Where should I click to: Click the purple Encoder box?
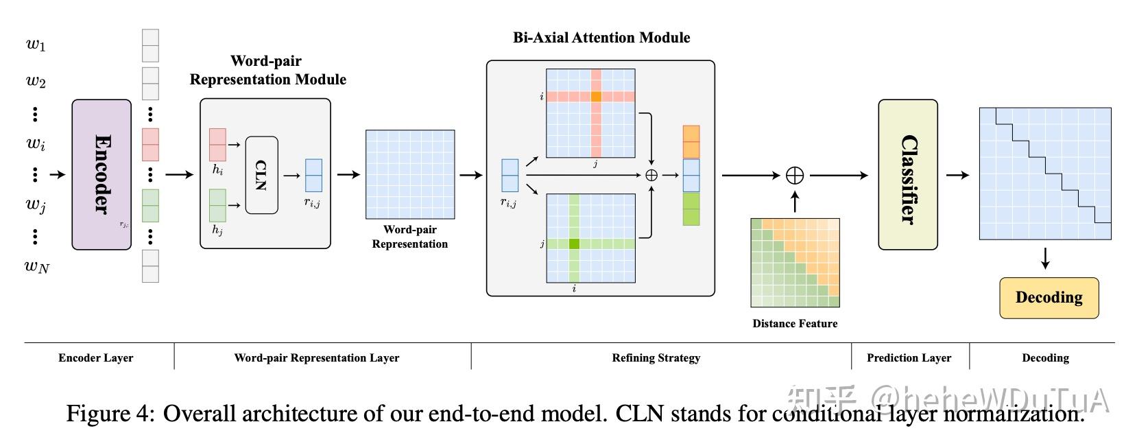tap(101, 174)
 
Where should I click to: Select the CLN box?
tap(261, 175)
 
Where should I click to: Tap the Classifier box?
tap(908, 174)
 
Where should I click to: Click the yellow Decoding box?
tap(1049, 298)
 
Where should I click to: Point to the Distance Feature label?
tap(795, 324)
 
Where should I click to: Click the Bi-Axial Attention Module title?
tap(601, 38)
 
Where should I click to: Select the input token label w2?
tap(36, 82)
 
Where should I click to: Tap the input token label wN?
tap(37, 266)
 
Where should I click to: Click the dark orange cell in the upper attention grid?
tap(596, 97)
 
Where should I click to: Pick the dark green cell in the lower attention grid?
tap(574, 244)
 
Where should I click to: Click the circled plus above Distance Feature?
tap(794, 176)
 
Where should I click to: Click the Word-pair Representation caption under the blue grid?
tap(410, 237)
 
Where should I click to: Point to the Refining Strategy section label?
tap(656, 357)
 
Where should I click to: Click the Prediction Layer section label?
tap(909, 357)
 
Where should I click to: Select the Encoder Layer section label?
tap(96, 357)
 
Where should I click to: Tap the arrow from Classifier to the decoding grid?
tap(957, 175)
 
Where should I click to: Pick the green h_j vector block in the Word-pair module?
tap(217, 205)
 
